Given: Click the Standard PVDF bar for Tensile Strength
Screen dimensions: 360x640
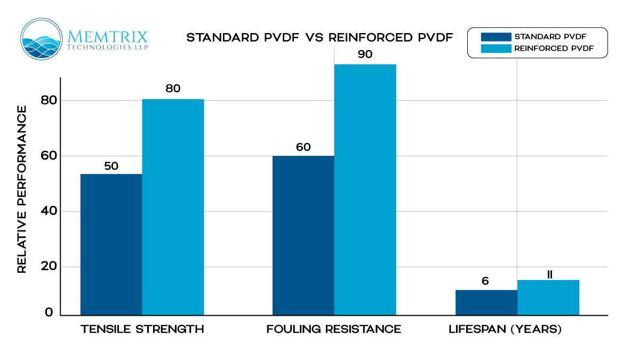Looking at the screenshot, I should (x=111, y=244).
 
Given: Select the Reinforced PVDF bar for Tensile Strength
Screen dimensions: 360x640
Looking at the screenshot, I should (x=173, y=207).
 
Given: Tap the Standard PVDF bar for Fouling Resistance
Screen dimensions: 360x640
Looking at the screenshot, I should (x=303, y=235).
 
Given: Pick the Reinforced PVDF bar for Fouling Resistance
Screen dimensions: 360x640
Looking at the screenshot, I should (x=365, y=189).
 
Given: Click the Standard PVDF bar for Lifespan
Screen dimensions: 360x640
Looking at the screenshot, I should (x=486, y=302).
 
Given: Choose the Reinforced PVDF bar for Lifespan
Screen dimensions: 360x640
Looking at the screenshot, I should (x=548, y=297).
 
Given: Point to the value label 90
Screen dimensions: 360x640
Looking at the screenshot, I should (x=365, y=54).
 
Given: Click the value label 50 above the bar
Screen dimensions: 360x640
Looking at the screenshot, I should (x=111, y=166).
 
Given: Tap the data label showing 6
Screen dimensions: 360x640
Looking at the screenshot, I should (x=485, y=281).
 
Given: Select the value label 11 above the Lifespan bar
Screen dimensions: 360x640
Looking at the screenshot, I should (x=549, y=275).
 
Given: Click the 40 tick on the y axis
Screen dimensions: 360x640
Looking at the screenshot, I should (x=49, y=211).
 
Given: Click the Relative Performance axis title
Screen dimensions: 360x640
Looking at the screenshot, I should (x=22, y=189).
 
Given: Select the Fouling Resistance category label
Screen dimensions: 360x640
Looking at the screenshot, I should (x=334, y=329).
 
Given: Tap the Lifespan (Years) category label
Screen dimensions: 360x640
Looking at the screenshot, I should (x=505, y=329).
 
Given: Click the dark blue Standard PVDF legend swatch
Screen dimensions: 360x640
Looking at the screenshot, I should (x=495, y=37).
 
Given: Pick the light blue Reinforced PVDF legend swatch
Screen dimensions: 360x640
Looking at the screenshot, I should (x=495, y=49).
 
